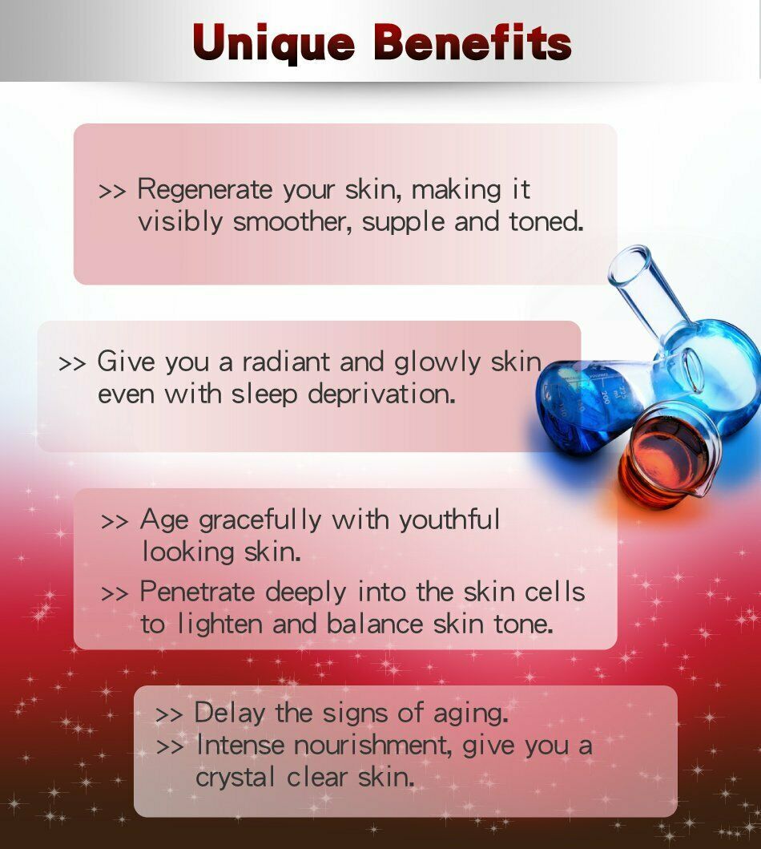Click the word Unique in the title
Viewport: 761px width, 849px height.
click(x=274, y=42)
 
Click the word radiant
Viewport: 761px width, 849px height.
click(x=286, y=362)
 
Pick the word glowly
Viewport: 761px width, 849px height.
click(x=437, y=362)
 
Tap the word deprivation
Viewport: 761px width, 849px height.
click(x=381, y=394)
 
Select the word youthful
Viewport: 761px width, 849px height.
click(x=449, y=520)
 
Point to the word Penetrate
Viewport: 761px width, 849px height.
click(x=197, y=592)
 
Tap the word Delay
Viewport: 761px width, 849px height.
click(x=229, y=713)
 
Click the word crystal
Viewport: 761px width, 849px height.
click(x=236, y=778)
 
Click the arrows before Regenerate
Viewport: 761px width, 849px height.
click(x=112, y=191)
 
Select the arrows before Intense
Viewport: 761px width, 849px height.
click(x=170, y=747)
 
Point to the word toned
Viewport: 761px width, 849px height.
click(x=546, y=221)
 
